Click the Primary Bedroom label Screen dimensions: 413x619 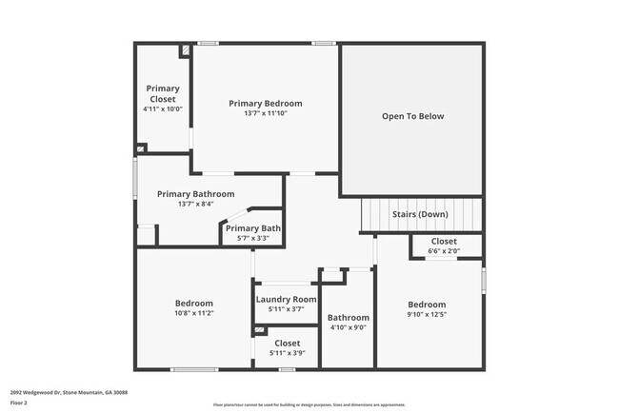coord(265,103)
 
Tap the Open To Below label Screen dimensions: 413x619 coord(412,116)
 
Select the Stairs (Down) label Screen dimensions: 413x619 coord(420,214)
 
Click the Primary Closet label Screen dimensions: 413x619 coord(162,94)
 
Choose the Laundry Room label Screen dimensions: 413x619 coord(286,299)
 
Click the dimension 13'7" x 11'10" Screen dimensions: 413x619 coord(265,113)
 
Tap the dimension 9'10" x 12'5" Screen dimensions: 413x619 coord(427,314)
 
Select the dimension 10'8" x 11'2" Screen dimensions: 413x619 coord(193,313)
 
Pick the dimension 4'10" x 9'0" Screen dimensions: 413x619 coord(348,327)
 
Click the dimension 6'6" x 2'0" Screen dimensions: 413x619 coord(444,251)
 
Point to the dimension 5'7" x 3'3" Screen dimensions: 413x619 coord(253,238)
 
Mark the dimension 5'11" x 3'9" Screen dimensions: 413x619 coord(287,353)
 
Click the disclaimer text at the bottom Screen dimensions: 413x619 coord(309,405)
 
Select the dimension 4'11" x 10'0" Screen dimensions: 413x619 coord(162,109)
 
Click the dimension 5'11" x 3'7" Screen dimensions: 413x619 coord(286,309)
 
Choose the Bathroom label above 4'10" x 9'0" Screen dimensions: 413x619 coord(348,318)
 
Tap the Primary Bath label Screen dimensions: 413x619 coord(253,228)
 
